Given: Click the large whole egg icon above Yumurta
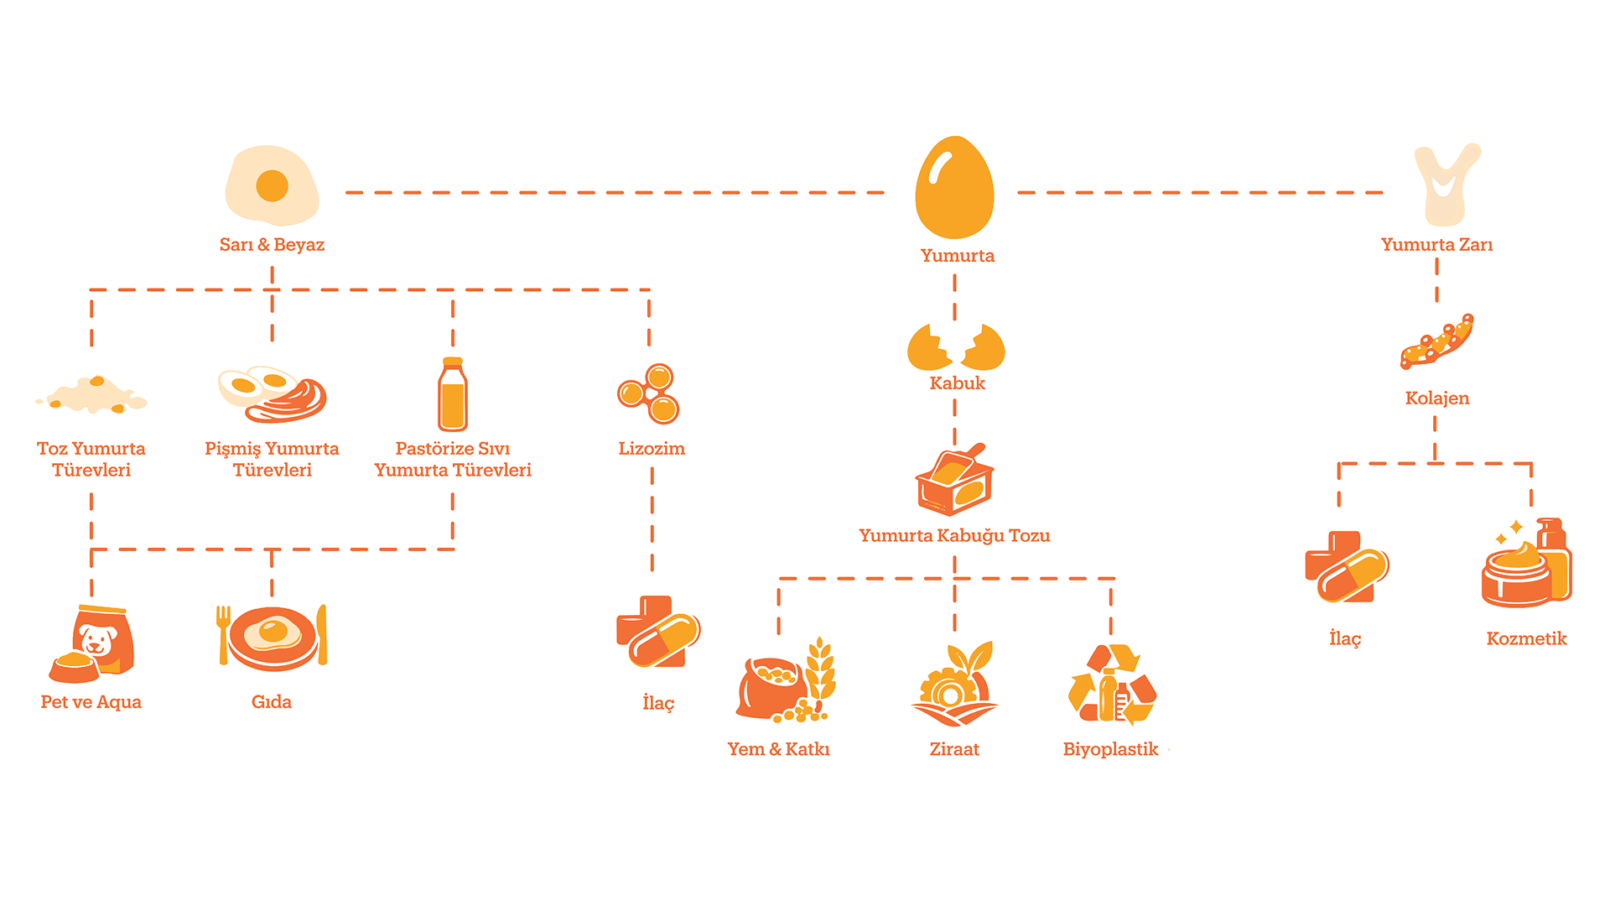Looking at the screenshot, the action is tap(954, 187).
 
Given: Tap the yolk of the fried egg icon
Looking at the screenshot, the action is tap(272, 185).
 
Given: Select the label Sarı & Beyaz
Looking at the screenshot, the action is tap(272, 245).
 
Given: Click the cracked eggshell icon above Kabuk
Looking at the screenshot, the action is tap(956, 346).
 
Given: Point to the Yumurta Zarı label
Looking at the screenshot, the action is tap(1436, 245).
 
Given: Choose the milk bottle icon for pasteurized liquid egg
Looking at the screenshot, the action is tap(453, 394).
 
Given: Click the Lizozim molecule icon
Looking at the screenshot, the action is tap(648, 393).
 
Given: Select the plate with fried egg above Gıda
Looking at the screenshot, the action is tap(272, 638).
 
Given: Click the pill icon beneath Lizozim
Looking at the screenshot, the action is tap(658, 633).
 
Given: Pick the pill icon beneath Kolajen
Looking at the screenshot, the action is tap(1347, 567).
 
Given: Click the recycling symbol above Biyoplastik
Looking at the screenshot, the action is tap(1112, 684).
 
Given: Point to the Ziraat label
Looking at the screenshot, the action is tap(954, 749).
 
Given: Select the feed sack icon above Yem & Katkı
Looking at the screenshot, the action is tap(786, 680).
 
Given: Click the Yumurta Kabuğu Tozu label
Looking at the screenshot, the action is tap(954, 536).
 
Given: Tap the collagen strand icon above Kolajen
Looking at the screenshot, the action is tap(1437, 341).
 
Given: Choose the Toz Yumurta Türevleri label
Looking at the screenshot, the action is tap(91, 460).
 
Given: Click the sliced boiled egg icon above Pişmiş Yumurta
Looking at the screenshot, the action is tap(272, 393).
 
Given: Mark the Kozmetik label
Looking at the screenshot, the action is tap(1526, 639).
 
